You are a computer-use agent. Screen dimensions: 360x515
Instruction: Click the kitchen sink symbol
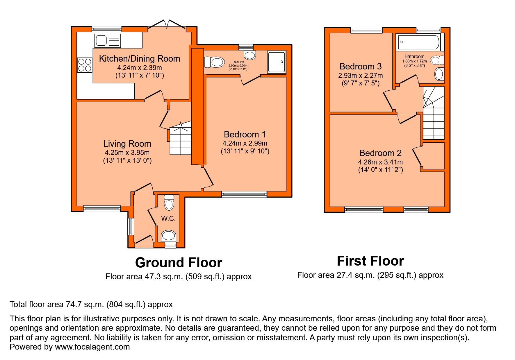click(107, 40)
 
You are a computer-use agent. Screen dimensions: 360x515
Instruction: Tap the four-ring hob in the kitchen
click(85, 65)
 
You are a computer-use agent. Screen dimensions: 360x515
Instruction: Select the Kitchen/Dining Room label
click(139, 59)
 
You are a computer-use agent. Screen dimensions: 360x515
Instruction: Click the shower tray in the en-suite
click(277, 62)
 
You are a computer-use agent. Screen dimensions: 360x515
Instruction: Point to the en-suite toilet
click(215, 62)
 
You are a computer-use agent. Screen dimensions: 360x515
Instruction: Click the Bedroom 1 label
click(245, 135)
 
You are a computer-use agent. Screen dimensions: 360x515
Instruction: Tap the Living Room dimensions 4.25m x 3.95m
click(127, 153)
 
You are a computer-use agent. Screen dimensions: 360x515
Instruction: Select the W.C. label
click(168, 218)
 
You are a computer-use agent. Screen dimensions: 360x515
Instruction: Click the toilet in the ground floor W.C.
click(169, 202)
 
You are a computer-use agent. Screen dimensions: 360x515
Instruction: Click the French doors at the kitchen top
click(167, 25)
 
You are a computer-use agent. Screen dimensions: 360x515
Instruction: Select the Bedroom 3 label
click(360, 67)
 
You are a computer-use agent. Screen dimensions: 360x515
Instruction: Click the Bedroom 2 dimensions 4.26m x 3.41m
click(380, 162)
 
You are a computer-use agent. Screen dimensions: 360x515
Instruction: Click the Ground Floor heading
click(178, 263)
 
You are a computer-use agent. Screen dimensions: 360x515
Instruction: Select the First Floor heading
click(370, 261)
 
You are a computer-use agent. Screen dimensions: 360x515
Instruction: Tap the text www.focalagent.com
click(92, 347)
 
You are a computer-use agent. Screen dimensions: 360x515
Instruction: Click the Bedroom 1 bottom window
click(244, 194)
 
